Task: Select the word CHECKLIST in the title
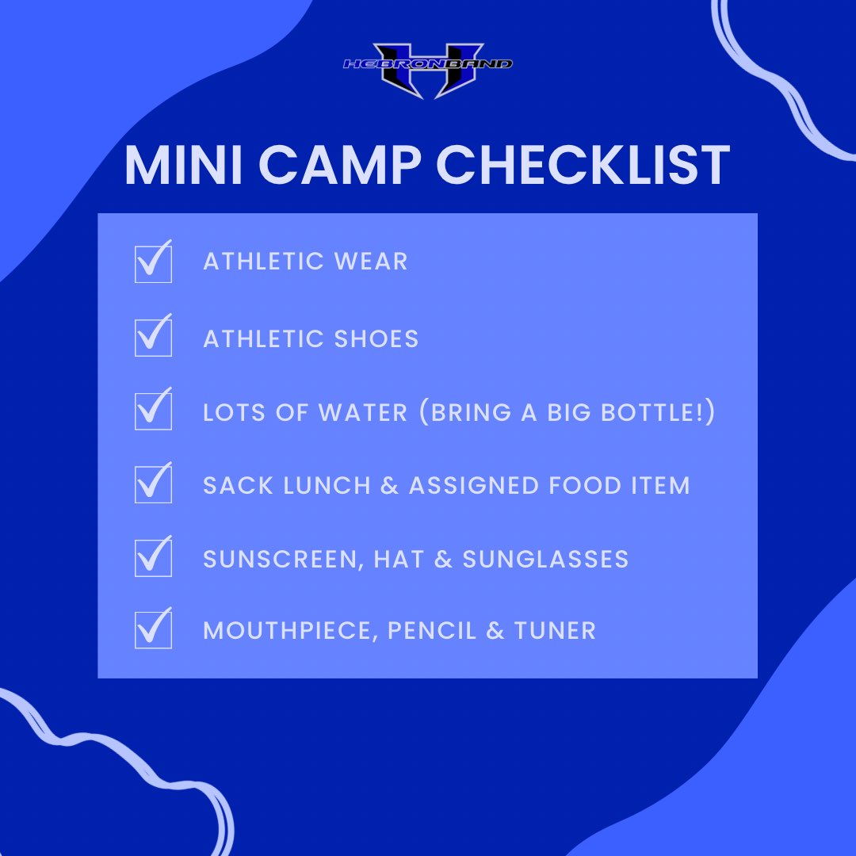[x=584, y=166]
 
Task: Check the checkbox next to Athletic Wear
[x=153, y=263]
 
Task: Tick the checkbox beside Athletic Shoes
[x=153, y=338]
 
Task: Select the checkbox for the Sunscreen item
[x=153, y=557]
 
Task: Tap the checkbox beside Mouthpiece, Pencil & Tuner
[x=153, y=630]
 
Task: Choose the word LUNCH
[x=325, y=485]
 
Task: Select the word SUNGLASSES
[x=545, y=559]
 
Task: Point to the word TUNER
[x=555, y=631]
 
